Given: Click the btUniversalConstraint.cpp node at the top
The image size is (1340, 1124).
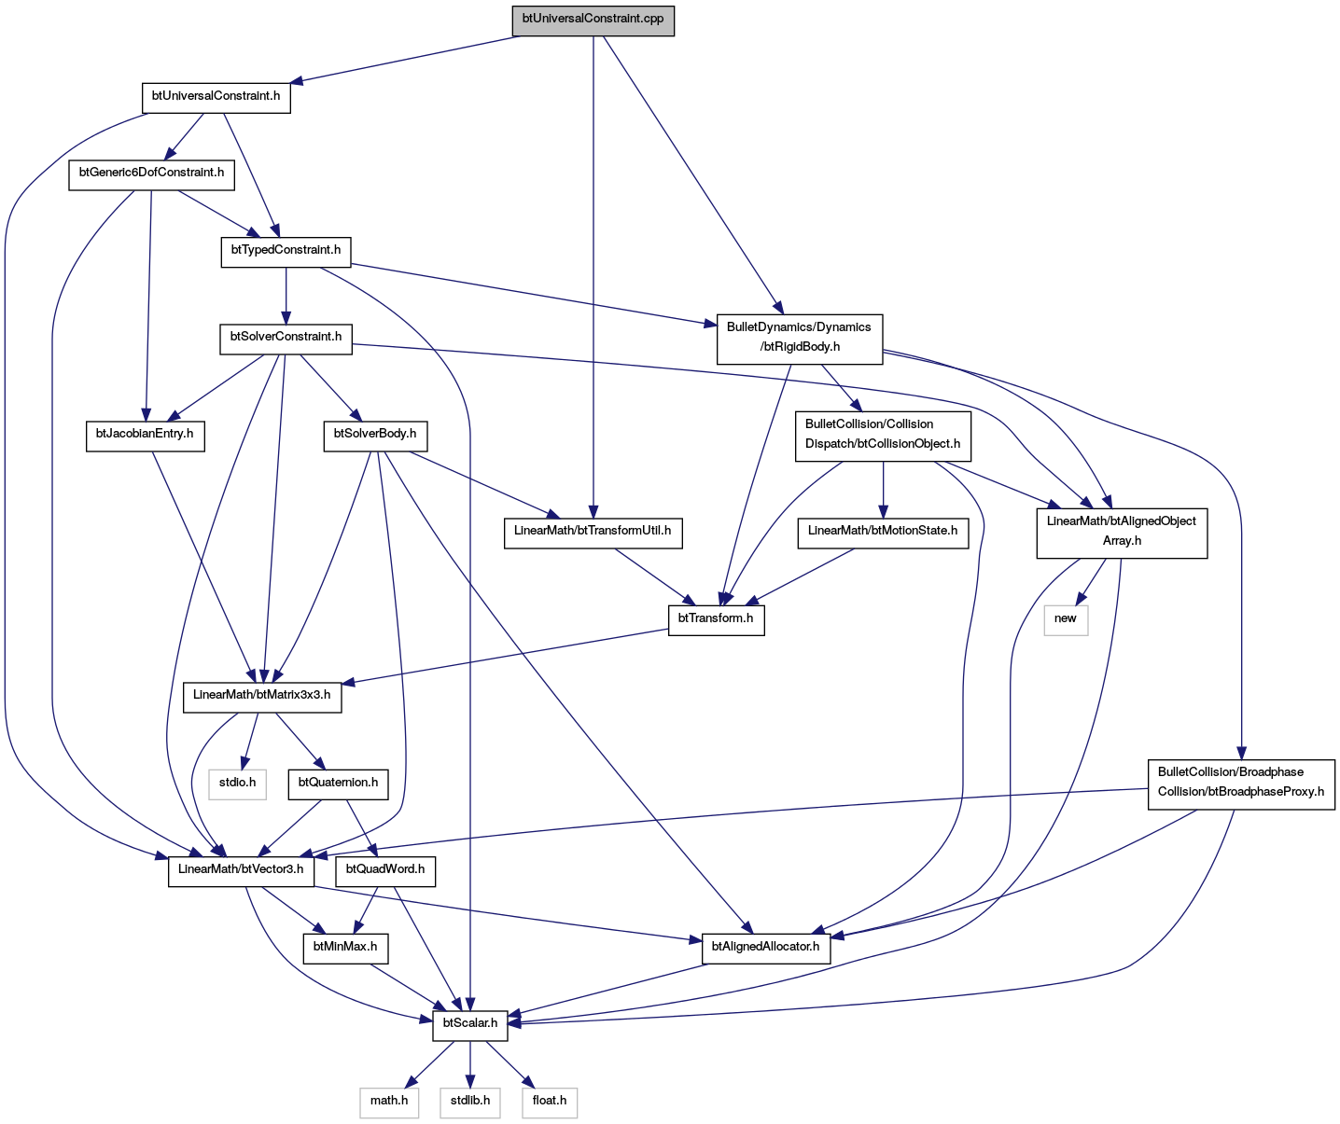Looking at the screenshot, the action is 593,21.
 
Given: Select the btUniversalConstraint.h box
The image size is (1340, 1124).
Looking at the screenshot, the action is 216,98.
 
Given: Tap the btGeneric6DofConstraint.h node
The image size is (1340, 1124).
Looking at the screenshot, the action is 151,175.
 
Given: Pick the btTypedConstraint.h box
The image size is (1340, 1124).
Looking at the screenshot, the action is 286,252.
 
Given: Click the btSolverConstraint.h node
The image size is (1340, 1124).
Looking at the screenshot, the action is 286,340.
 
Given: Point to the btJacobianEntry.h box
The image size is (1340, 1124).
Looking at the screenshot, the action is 145,437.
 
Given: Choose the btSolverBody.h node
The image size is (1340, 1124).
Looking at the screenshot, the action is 375,437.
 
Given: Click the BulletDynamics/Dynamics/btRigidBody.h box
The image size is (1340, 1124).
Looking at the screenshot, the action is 800,340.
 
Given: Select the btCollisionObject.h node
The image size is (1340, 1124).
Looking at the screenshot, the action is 883,437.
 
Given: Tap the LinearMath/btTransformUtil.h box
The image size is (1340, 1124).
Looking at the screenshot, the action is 593,534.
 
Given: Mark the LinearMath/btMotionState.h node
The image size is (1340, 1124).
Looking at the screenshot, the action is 883,534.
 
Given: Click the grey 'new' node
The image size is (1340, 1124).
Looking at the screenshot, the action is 1066,620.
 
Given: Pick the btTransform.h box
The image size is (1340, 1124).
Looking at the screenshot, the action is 717,620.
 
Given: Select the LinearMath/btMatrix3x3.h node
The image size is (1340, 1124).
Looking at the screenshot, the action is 262,698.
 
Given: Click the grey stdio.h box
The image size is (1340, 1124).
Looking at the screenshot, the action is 237,784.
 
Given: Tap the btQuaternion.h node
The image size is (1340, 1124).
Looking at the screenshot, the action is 338,784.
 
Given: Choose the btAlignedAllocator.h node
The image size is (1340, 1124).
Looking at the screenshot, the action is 765,949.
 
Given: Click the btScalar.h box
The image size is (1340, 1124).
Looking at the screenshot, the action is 469,1026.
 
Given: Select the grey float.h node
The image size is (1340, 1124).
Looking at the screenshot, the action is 550,1103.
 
